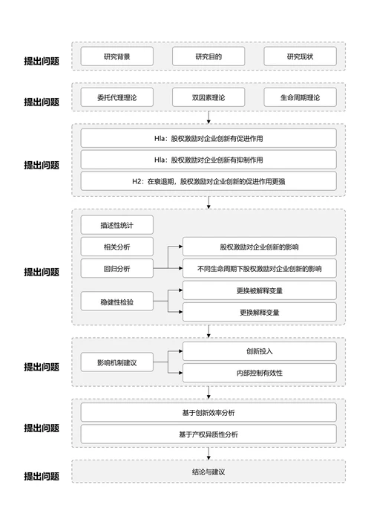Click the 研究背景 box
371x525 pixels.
point(116,56)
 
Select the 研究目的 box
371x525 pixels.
point(209,56)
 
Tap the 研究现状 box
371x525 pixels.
point(300,56)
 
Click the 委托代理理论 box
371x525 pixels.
point(116,97)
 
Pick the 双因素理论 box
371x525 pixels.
point(209,97)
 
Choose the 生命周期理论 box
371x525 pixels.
point(300,97)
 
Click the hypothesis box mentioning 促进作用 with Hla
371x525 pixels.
point(209,138)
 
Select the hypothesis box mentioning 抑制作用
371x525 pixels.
point(209,160)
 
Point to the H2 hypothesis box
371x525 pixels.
point(209,180)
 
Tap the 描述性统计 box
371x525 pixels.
point(116,225)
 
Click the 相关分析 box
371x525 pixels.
point(116,247)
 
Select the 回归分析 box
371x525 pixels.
point(116,268)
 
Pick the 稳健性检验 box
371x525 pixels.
point(116,301)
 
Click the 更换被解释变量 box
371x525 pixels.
point(260,290)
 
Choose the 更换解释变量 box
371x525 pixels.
point(260,312)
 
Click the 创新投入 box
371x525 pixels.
point(260,351)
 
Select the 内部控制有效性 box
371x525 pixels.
point(260,373)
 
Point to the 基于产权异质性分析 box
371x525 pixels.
point(209,434)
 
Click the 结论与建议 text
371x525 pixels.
point(209,472)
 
